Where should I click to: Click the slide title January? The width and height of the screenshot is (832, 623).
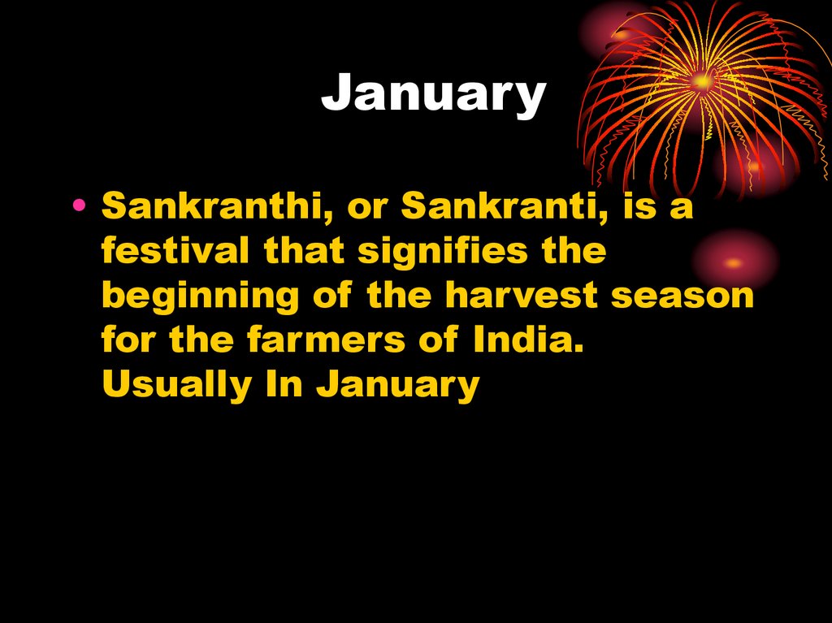433,94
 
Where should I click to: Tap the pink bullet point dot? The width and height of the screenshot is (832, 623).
79,207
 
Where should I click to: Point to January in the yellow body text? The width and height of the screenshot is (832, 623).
397,386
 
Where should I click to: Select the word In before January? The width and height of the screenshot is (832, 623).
286,386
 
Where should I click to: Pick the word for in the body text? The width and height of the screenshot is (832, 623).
130,341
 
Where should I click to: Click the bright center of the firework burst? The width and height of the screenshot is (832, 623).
701,81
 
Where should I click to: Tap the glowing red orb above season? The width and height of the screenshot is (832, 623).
734,262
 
